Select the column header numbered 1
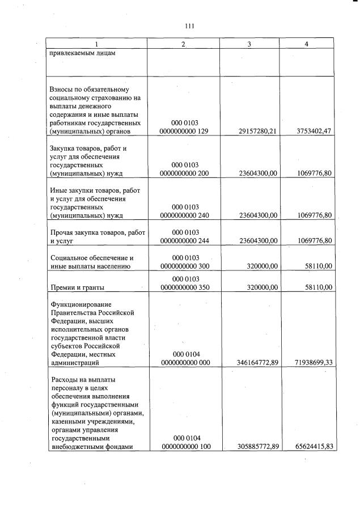coord(96,44)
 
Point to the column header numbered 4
coord(306,44)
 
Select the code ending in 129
coord(184,132)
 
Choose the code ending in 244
coord(184,240)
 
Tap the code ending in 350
coord(184,287)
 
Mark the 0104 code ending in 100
coord(184,447)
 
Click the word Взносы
coord(63,89)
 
